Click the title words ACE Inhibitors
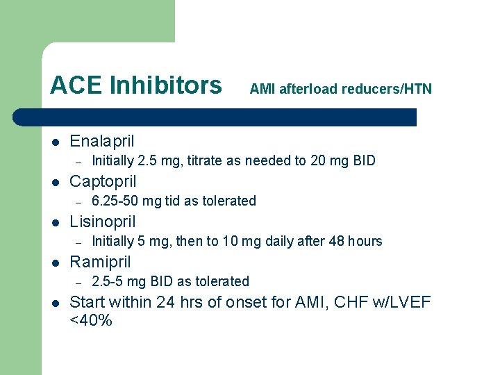click(135, 86)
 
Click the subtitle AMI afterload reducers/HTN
click(340, 89)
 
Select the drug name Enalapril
click(102, 141)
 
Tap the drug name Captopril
click(103, 181)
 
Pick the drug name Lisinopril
click(103, 222)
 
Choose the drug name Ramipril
click(101, 262)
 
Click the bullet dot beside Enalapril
click(56, 142)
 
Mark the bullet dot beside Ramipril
click(56, 262)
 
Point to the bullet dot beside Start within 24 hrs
click(56, 303)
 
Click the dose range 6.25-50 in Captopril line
click(116, 201)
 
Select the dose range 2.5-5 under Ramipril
click(108, 282)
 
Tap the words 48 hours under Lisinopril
click(356, 242)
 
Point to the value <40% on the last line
click(91, 321)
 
